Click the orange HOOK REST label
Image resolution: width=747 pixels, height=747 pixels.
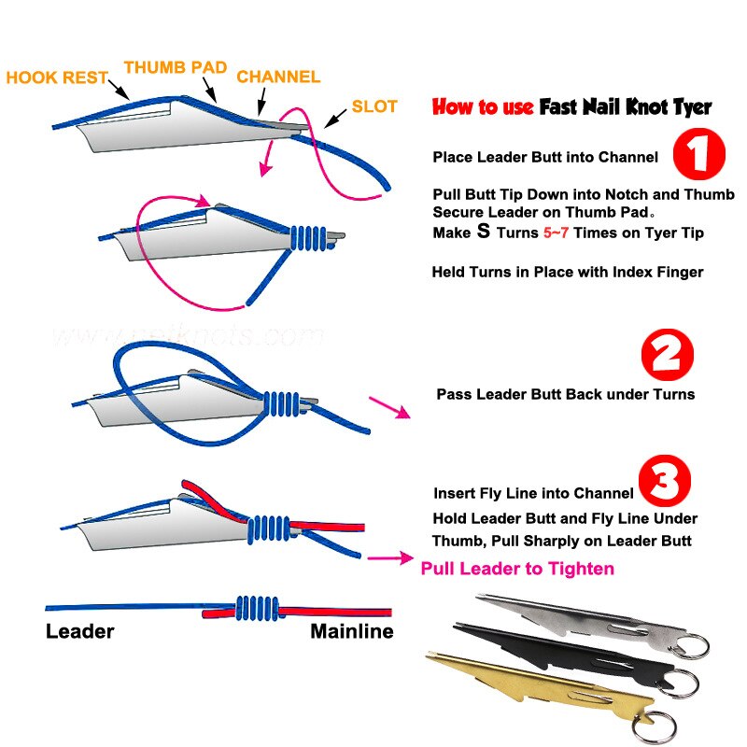pyautogui.click(x=57, y=78)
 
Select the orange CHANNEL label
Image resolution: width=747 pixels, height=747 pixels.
pyautogui.click(x=278, y=77)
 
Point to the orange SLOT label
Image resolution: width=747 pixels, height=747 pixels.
pyautogui.click(x=374, y=107)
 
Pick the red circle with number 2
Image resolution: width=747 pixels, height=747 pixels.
pyautogui.click(x=668, y=357)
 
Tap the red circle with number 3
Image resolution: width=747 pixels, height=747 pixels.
pyautogui.click(x=664, y=481)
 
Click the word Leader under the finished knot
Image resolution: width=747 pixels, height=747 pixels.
pyautogui.click(x=79, y=632)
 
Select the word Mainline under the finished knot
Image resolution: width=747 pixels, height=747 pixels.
pyautogui.click(x=351, y=632)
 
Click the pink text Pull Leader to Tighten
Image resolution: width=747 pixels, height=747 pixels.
pyautogui.click(x=517, y=568)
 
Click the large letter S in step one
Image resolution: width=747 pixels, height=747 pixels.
pyautogui.click(x=483, y=232)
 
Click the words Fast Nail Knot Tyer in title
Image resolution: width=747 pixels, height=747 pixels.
pyautogui.click(x=626, y=106)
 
